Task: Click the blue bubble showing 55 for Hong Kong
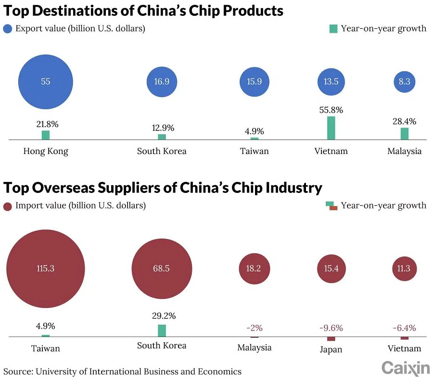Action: [45, 81]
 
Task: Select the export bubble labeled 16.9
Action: [162, 81]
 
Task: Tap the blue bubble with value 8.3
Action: [404, 81]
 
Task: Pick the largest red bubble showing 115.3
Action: [45, 269]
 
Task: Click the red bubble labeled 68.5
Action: [162, 269]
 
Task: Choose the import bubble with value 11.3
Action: [404, 269]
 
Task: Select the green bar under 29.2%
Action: [162, 331]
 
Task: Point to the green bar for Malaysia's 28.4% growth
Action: [404, 134]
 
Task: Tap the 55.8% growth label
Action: [331, 110]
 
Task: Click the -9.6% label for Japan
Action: [331, 328]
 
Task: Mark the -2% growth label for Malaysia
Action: [254, 328]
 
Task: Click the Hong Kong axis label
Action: [46, 151]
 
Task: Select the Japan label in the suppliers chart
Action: [331, 349]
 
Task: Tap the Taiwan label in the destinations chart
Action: [254, 151]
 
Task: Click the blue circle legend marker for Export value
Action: [8, 28]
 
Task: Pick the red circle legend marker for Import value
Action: [8, 206]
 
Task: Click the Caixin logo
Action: [406, 368]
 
